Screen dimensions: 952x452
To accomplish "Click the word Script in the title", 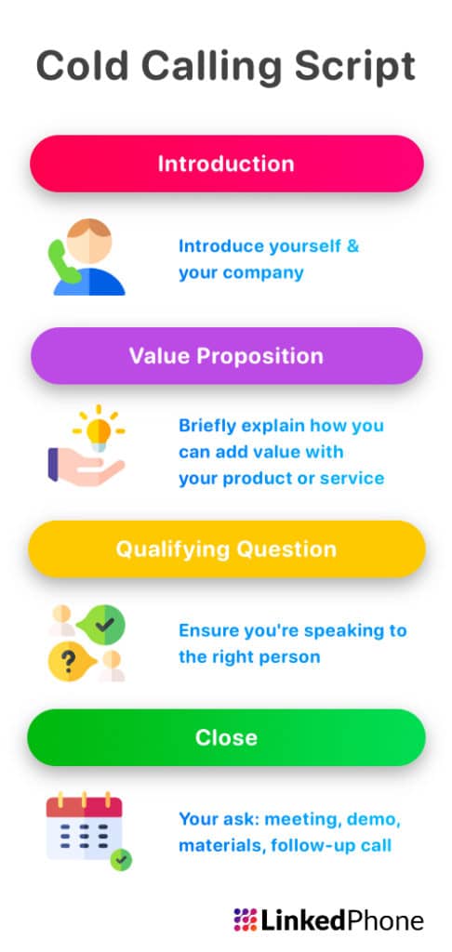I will (x=357, y=69).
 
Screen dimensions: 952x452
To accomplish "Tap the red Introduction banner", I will (x=226, y=165).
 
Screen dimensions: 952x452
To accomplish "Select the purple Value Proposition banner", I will (x=226, y=356).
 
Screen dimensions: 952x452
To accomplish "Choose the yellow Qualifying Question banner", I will (x=226, y=549).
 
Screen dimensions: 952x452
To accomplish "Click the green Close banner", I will (x=226, y=738).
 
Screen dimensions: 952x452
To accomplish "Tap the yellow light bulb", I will (x=100, y=430).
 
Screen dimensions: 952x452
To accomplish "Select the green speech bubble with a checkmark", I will (x=103, y=626).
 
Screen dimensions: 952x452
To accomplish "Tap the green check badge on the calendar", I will (x=120, y=859).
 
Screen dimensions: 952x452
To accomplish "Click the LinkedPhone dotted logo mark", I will (x=245, y=919).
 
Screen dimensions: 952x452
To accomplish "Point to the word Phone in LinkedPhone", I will (x=384, y=920).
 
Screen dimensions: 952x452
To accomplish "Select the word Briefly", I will (x=207, y=426).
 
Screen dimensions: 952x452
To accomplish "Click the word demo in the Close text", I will (x=374, y=820).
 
